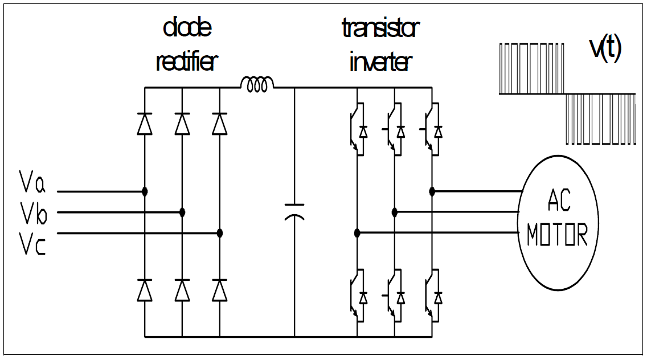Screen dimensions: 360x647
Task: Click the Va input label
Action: [32, 183]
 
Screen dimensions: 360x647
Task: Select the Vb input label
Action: [32, 215]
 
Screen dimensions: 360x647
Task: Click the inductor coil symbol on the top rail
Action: [257, 84]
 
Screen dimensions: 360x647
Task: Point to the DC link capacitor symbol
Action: [294, 211]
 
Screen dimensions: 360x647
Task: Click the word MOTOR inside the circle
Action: [556, 234]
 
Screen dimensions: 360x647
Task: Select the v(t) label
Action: [605, 50]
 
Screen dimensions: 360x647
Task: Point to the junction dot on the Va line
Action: [145, 191]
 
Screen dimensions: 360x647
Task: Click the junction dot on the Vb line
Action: [182, 212]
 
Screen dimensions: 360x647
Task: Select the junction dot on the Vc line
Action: [220, 233]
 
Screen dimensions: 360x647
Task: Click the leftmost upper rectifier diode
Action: [145, 124]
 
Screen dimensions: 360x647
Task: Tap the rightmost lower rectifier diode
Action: [220, 290]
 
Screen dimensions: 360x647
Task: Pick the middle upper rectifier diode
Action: [182, 124]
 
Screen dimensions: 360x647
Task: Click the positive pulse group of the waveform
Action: [531, 68]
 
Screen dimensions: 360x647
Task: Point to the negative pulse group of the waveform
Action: [600, 120]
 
